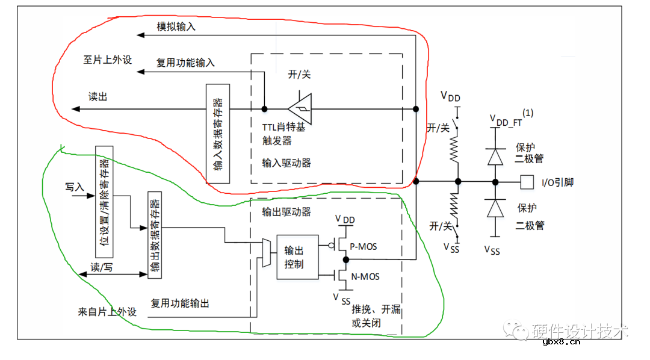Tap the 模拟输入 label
point(176,27)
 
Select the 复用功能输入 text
point(185,63)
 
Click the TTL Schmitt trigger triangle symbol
point(300,109)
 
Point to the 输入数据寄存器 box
point(217,134)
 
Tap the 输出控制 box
point(297,256)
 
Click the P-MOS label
point(364,245)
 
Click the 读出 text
point(97,97)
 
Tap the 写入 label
point(73,187)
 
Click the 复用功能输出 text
point(180,303)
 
